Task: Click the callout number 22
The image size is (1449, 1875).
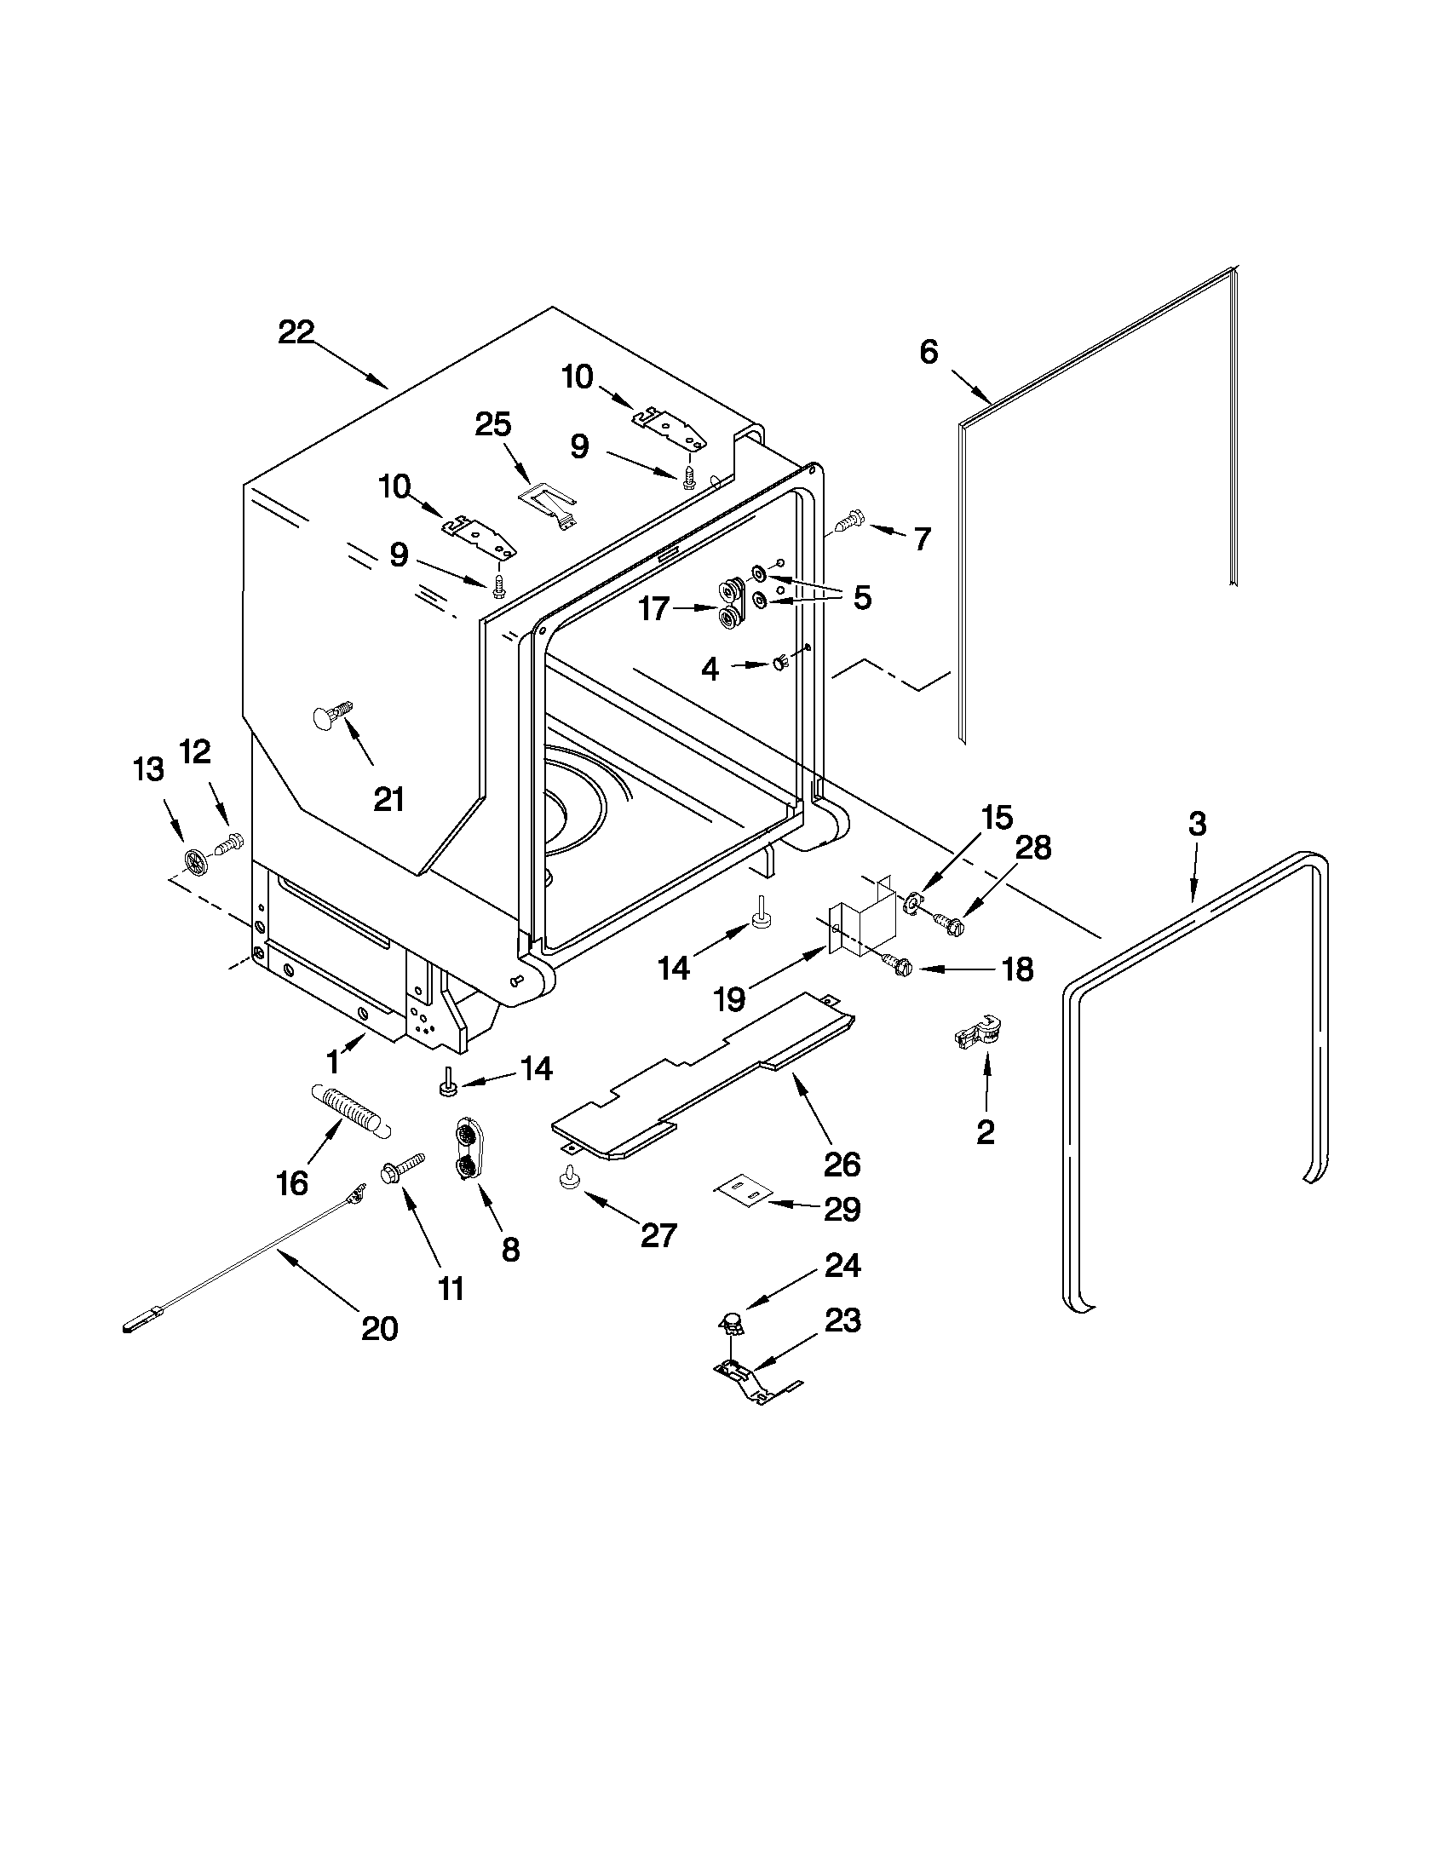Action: tap(296, 332)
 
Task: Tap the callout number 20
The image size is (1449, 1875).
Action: tap(379, 1329)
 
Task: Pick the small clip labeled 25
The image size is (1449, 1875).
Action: tap(549, 503)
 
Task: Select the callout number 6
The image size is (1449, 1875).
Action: tap(929, 352)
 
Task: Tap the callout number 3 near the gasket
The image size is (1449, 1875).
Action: tap(1197, 823)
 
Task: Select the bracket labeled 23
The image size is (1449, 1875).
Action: tap(749, 1382)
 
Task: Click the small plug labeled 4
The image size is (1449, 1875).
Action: tap(779, 662)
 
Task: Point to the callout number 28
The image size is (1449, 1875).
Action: tap(1033, 848)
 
